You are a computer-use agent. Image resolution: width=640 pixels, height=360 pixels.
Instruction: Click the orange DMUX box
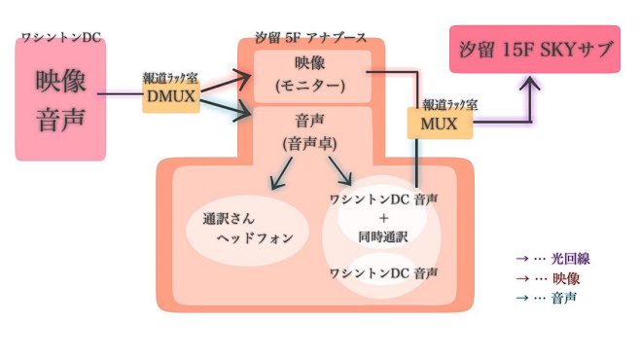(171, 97)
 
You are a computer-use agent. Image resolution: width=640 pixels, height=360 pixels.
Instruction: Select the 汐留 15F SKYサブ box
(535, 50)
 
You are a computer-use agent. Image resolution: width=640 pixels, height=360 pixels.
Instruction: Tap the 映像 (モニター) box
(311, 75)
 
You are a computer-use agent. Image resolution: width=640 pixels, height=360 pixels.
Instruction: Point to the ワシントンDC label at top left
(60, 38)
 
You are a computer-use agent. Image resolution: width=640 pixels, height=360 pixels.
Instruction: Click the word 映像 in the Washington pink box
(60, 80)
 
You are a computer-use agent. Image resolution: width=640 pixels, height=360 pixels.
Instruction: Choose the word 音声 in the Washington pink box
(60, 119)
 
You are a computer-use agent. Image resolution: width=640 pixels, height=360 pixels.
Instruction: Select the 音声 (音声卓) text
(311, 132)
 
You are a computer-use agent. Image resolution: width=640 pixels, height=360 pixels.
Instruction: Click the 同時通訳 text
(383, 236)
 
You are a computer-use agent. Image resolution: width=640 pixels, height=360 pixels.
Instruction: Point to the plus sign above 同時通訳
(383, 218)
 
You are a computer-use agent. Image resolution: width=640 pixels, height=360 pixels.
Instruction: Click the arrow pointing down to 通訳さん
(280, 172)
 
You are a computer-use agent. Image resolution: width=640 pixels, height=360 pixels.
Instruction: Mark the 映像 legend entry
(551, 278)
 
